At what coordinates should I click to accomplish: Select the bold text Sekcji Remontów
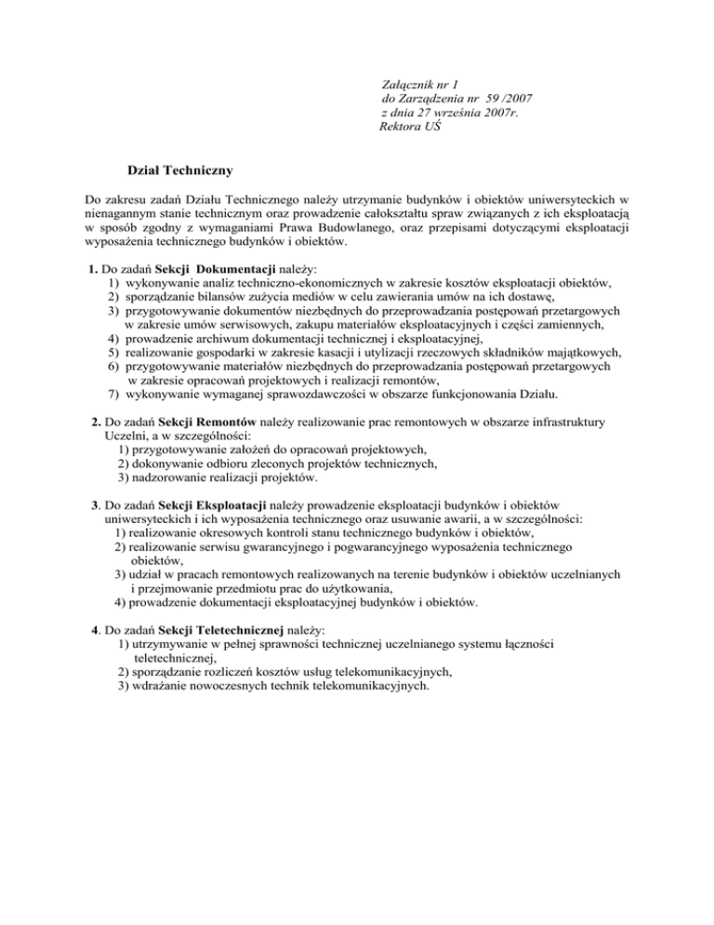click(x=203, y=422)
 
